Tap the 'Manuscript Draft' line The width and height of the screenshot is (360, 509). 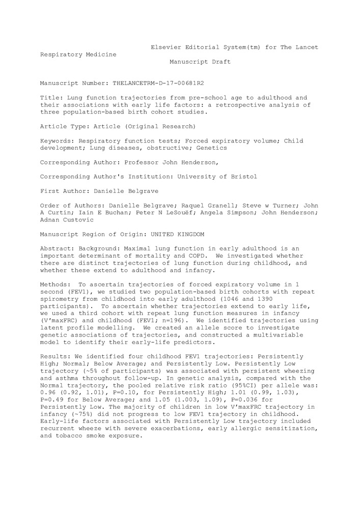coord(200,62)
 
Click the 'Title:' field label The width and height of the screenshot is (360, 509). coord(51,97)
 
